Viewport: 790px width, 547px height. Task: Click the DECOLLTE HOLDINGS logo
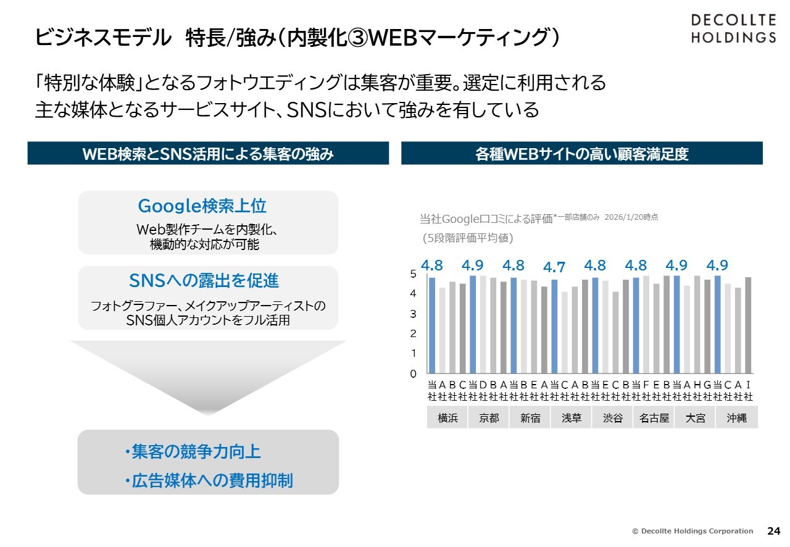click(733, 28)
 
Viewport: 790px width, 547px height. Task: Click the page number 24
click(773, 531)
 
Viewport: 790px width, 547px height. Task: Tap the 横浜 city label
click(447, 418)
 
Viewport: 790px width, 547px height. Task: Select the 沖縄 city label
click(737, 418)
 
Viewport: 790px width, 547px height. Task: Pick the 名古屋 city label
click(654, 418)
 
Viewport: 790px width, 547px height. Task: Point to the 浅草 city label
click(572, 418)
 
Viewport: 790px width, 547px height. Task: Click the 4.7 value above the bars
click(554, 267)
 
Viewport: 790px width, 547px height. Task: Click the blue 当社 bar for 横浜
click(432, 325)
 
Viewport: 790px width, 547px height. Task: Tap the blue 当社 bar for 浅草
click(554, 327)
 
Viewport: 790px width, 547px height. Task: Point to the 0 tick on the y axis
click(413, 374)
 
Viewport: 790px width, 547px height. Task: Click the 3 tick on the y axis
click(413, 314)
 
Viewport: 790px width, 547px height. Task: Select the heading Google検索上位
click(202, 206)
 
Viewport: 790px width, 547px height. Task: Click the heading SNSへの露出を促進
click(204, 281)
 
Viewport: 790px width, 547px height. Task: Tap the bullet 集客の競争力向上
click(193, 452)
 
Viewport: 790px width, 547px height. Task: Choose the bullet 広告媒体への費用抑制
click(209, 481)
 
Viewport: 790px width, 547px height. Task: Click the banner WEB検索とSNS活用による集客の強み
click(208, 154)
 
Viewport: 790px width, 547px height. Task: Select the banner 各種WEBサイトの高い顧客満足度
click(581, 154)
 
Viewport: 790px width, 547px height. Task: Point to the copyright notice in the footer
click(692, 531)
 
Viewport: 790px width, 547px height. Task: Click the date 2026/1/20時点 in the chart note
click(631, 217)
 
